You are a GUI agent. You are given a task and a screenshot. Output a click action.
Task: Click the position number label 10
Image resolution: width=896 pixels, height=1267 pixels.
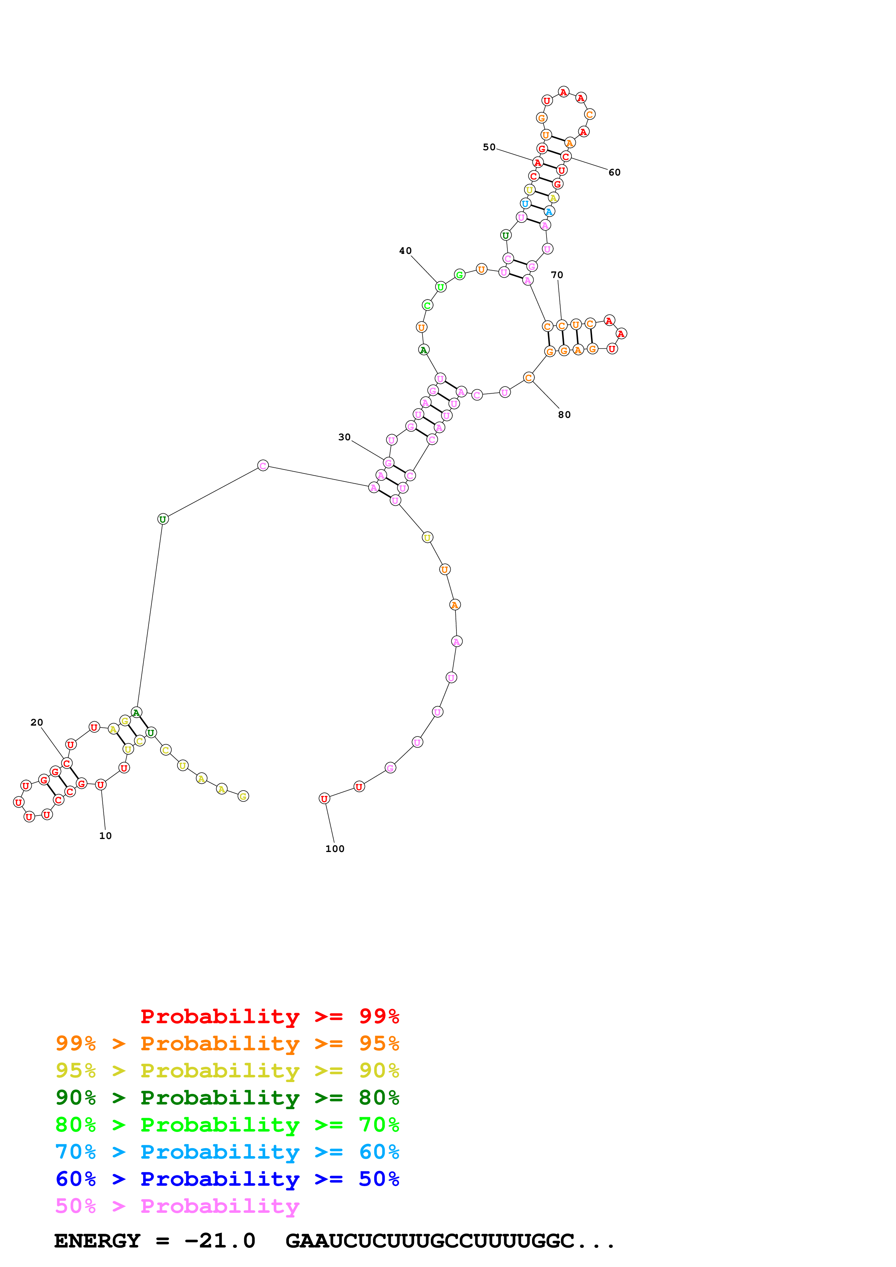(106, 836)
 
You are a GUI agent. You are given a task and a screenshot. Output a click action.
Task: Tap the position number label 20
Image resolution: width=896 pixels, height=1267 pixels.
(37, 722)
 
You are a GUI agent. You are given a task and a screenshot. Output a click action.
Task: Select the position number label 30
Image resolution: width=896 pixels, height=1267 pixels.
(344, 437)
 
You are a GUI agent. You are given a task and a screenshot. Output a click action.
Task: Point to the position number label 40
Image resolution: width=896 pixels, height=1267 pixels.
(405, 251)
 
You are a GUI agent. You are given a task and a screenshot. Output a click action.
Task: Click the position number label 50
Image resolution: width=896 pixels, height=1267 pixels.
(489, 147)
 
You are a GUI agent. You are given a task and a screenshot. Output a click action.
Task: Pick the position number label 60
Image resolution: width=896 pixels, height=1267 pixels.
(614, 172)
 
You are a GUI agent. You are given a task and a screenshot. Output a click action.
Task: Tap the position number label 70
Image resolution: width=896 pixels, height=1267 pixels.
(557, 275)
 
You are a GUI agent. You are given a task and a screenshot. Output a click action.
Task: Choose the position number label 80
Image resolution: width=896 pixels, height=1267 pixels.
(564, 414)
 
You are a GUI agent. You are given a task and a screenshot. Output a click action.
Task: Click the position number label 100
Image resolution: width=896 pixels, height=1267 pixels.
(335, 849)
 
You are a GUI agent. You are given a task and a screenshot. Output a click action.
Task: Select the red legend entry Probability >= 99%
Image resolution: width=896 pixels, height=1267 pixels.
(270, 1016)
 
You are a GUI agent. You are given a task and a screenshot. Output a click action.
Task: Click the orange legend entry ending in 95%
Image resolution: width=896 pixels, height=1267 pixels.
(227, 1043)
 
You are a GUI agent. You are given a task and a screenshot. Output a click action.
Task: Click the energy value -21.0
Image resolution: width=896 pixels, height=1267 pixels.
(220, 1241)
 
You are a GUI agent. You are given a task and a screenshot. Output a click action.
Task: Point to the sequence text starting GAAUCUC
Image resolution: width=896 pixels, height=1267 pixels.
(450, 1241)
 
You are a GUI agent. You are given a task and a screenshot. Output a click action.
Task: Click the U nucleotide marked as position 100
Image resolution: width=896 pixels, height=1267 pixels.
(324, 799)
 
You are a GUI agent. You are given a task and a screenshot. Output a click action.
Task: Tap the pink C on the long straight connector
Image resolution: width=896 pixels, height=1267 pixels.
(263, 466)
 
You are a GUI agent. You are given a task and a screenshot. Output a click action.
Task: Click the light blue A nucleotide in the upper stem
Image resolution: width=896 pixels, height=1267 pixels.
(548, 211)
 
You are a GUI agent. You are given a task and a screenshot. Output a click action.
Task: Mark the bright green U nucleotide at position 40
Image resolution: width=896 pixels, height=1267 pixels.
(441, 287)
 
